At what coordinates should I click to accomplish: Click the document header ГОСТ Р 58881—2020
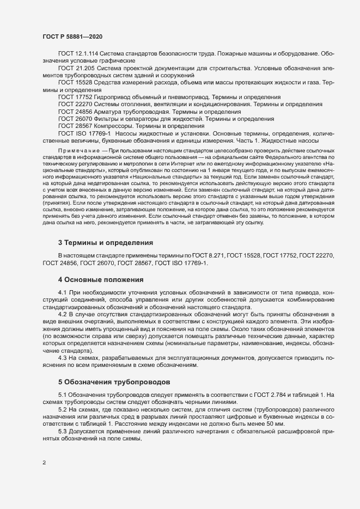[x=72, y=36]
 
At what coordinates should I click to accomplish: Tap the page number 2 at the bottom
[x=44, y=463]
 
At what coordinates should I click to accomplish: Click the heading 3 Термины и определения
[x=105, y=242]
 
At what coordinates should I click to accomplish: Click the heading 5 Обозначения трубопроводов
[x=114, y=382]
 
